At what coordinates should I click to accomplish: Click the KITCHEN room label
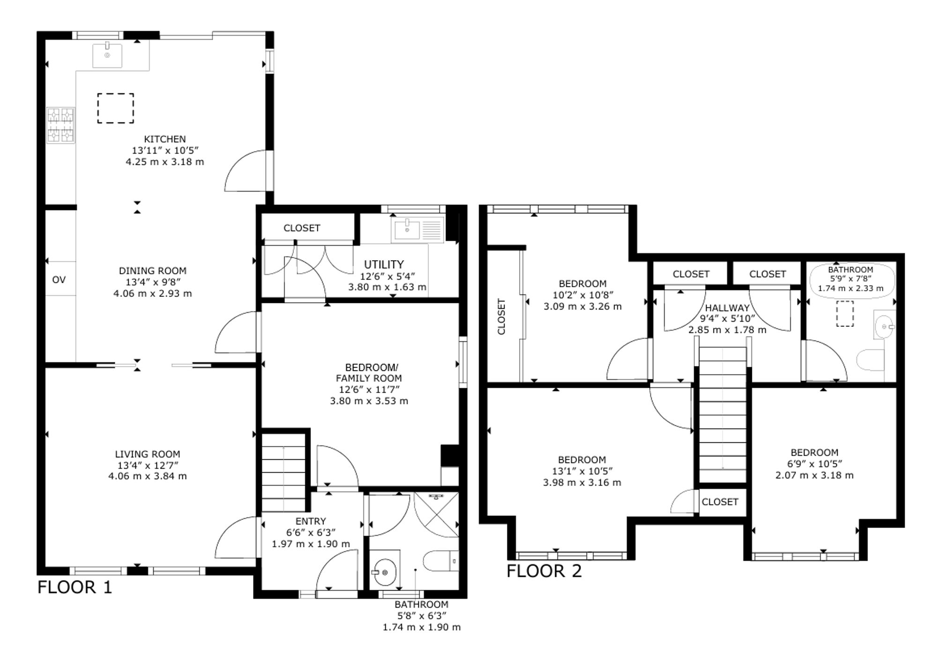(165, 139)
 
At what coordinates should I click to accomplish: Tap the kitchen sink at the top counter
(107, 55)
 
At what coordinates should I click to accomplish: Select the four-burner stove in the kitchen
(61, 125)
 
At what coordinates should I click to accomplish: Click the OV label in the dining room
(59, 279)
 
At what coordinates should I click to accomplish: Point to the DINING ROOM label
(153, 271)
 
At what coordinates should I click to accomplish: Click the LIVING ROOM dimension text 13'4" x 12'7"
(148, 465)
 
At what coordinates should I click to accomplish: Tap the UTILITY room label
(384, 265)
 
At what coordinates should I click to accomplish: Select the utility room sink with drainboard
(417, 230)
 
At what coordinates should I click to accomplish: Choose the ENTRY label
(311, 521)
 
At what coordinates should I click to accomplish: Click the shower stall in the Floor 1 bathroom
(436, 515)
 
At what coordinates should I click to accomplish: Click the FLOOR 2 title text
(544, 571)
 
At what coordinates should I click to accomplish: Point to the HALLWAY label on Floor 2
(727, 308)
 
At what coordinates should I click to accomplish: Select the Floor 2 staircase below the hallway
(722, 415)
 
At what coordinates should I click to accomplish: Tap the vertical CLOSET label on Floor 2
(501, 316)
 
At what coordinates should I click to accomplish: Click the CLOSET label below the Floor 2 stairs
(720, 502)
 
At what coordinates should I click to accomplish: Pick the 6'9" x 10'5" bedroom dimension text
(814, 464)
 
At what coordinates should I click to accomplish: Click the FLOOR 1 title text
(75, 587)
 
